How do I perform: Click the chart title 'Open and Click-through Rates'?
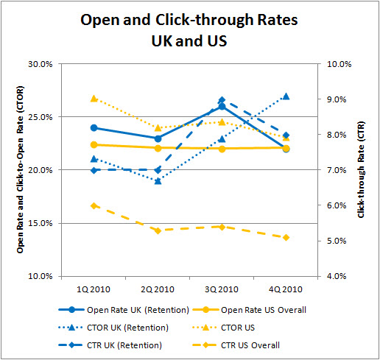coord(189,20)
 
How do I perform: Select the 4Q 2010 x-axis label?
coord(285,288)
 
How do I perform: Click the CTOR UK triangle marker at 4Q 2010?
coord(285,96)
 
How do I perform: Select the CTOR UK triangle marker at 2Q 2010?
coord(158,180)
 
